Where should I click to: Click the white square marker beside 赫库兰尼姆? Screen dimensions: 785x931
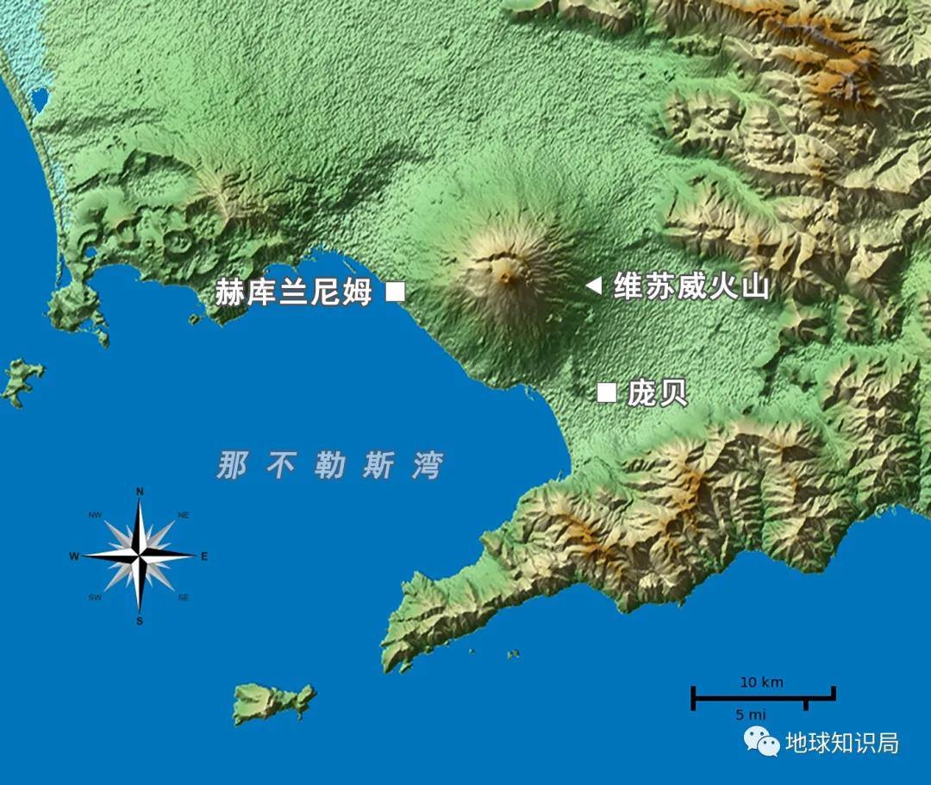395,292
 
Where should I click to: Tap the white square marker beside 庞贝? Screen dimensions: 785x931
607,392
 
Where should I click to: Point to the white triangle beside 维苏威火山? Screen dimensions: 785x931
593,286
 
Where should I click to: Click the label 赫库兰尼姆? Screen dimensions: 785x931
293,292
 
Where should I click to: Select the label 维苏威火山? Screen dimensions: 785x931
690,286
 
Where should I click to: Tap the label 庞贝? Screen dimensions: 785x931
657,393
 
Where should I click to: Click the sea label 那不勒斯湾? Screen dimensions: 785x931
329,466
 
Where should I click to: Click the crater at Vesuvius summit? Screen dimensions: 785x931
504,277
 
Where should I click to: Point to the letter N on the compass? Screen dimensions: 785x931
140,493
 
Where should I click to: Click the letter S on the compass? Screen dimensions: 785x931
140,620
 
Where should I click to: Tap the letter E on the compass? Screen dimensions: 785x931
204,556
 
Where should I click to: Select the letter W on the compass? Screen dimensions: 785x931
74,556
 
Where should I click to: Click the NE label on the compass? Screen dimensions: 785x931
183,515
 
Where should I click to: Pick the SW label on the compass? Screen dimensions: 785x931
95,598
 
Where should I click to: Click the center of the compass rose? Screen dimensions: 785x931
140,556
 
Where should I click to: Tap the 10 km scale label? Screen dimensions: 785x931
762,682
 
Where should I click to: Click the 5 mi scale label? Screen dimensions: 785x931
750,714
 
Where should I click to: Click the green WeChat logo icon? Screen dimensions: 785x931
762,741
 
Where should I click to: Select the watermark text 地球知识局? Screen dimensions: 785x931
841,743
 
